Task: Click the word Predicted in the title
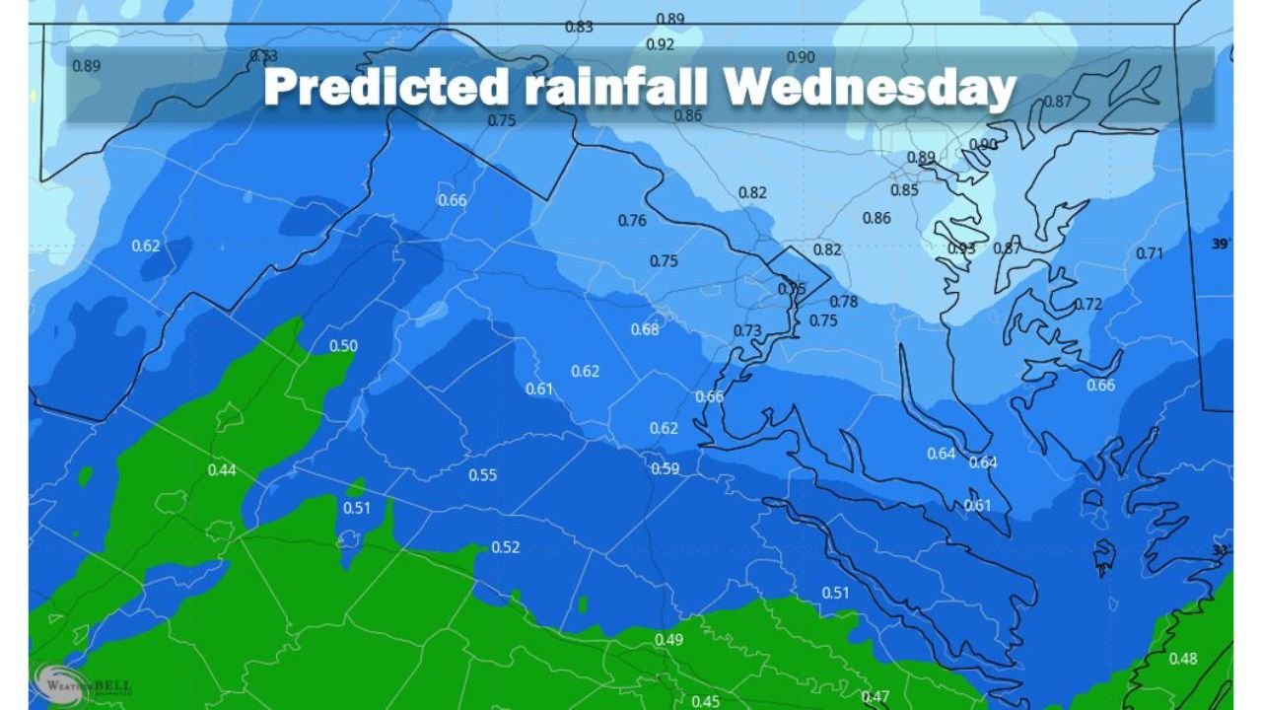click(x=386, y=88)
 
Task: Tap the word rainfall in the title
click(x=618, y=88)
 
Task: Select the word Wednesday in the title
click(x=872, y=88)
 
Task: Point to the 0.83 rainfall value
click(x=579, y=27)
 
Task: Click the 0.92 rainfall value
click(x=660, y=44)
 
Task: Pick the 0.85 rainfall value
click(x=904, y=190)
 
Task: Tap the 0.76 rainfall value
click(x=632, y=221)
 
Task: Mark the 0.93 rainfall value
click(x=961, y=248)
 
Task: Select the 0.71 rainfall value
click(x=1150, y=253)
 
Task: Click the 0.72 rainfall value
click(x=1087, y=304)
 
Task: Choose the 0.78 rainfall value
click(x=844, y=302)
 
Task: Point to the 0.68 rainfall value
click(x=645, y=329)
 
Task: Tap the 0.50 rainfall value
click(x=343, y=346)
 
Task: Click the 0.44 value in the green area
click(x=222, y=469)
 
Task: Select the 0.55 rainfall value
click(x=482, y=475)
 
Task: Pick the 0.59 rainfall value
click(x=666, y=468)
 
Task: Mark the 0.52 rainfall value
click(x=505, y=547)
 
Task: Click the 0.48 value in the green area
click(x=1183, y=659)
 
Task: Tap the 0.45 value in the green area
click(x=706, y=701)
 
